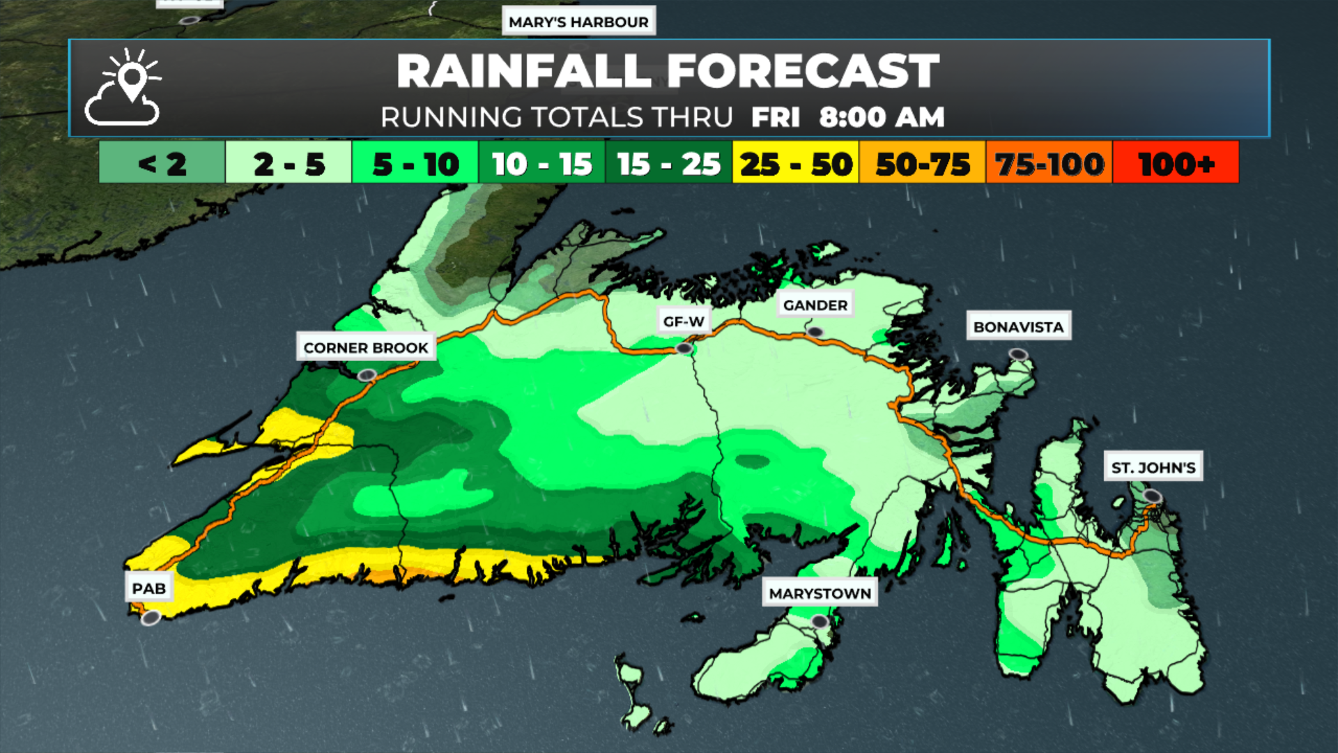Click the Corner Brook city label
click(x=366, y=347)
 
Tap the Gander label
click(x=815, y=305)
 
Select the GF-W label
click(x=684, y=321)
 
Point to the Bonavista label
click(x=1018, y=326)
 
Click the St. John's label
click(x=1153, y=467)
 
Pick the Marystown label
click(x=820, y=593)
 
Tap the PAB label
click(x=149, y=588)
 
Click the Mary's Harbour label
click(x=578, y=22)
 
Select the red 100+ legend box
click(x=1176, y=163)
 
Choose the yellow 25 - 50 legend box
click(x=796, y=163)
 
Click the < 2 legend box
click(x=162, y=163)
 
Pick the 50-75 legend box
click(x=923, y=163)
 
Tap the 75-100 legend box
click(x=1049, y=163)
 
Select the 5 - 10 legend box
click(x=415, y=163)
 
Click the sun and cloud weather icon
click(x=123, y=87)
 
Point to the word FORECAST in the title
click(x=803, y=71)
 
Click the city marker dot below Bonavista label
click(x=1018, y=354)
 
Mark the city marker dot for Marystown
click(x=820, y=621)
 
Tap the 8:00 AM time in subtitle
click(x=882, y=117)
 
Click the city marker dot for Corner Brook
click(x=367, y=376)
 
